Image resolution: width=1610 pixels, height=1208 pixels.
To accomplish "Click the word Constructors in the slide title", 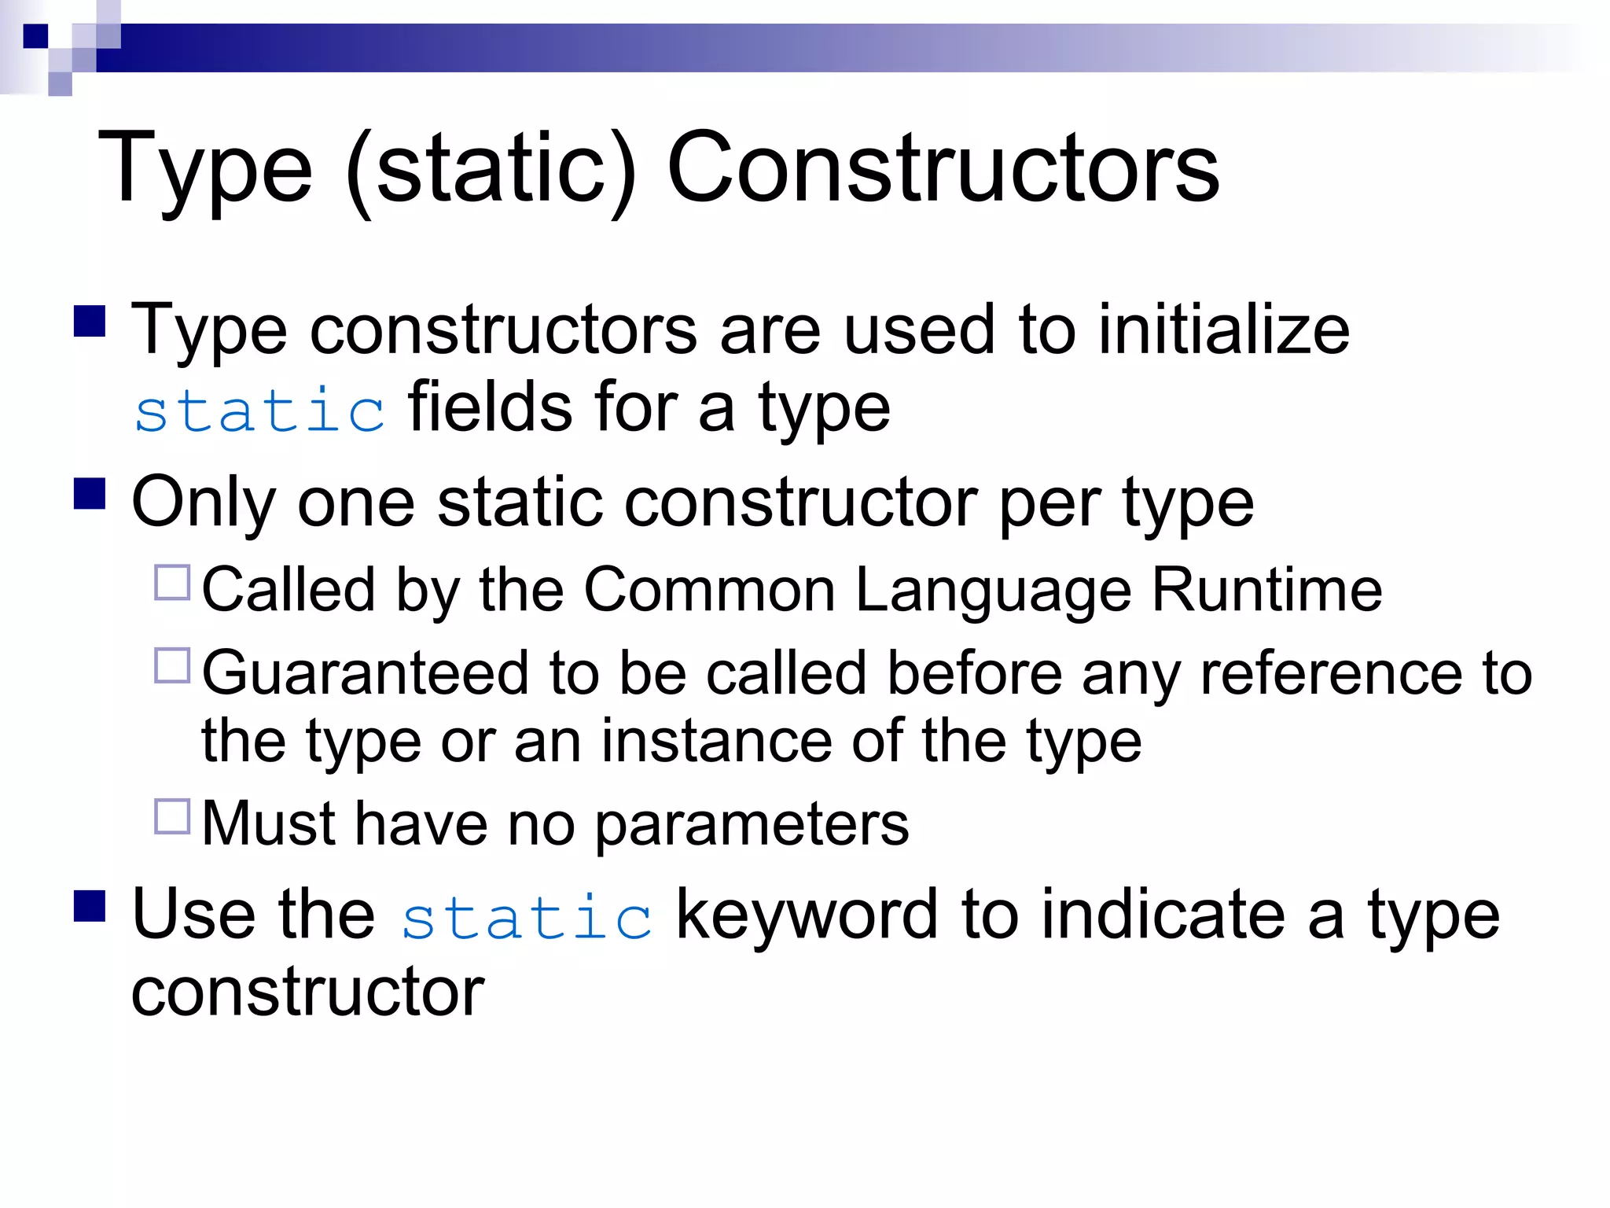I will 943,168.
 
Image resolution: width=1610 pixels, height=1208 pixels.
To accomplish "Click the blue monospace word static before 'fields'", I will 259,410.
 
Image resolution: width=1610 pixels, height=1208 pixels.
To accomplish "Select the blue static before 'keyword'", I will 527,917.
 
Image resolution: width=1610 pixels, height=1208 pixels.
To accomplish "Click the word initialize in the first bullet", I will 1223,330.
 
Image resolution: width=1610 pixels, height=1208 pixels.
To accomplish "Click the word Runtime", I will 1266,589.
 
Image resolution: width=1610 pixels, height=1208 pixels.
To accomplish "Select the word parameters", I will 751,824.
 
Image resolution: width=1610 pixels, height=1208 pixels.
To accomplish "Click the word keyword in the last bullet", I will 807,914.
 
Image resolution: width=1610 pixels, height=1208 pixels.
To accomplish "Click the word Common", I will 709,589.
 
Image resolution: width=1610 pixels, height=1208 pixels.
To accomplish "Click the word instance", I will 716,741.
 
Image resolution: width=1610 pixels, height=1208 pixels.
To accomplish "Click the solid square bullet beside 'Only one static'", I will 90,494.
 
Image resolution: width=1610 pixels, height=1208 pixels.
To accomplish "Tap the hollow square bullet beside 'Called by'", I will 172,583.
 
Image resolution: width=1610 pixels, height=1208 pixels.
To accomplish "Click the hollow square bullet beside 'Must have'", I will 172,816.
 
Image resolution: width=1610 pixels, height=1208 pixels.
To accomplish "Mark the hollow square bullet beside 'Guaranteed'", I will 172,665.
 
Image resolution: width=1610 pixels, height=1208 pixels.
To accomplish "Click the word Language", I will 993,591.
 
